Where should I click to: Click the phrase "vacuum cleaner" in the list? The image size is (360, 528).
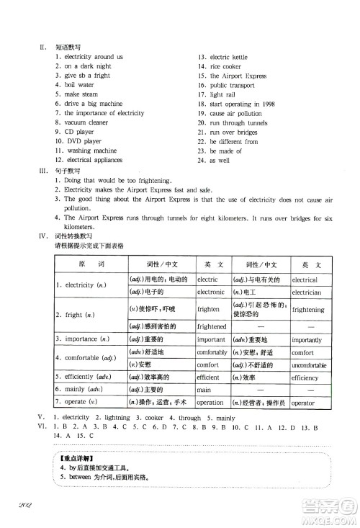(x=86, y=122)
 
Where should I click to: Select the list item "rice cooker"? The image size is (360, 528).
(x=227, y=66)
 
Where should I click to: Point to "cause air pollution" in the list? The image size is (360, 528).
(x=236, y=113)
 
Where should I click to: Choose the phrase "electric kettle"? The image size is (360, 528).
(x=230, y=57)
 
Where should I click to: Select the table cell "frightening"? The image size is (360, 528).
(x=309, y=310)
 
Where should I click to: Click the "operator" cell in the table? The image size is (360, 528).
(x=303, y=403)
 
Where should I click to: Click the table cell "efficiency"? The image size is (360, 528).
(x=305, y=377)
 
